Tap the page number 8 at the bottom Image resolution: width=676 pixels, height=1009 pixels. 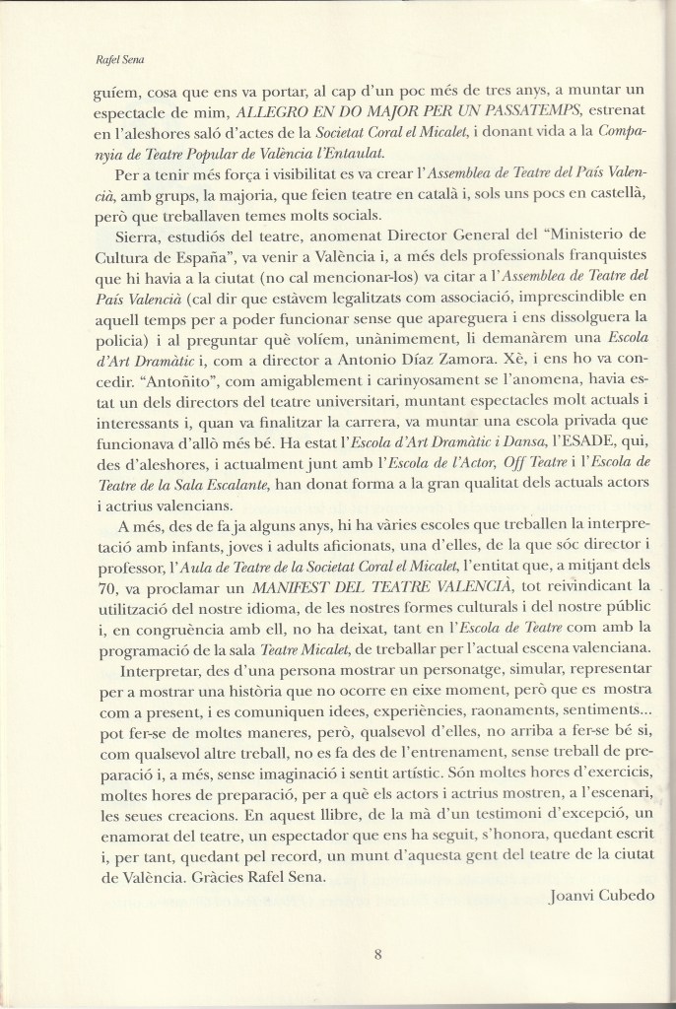378,952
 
